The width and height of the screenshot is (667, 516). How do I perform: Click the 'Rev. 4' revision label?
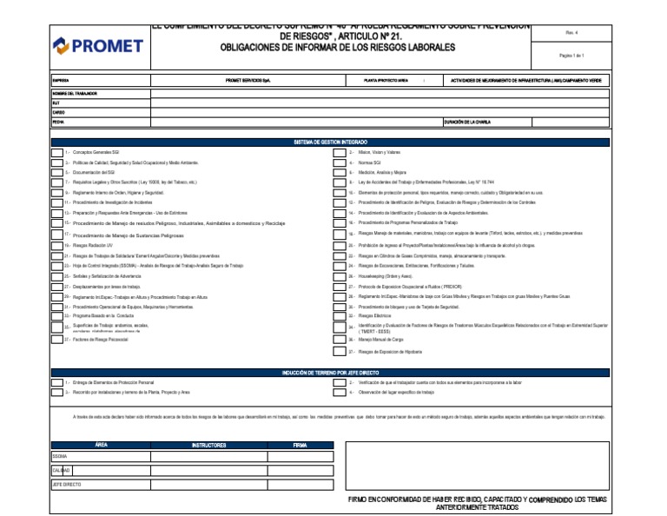tap(571, 32)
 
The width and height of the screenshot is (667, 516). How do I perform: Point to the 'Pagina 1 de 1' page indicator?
tap(571, 55)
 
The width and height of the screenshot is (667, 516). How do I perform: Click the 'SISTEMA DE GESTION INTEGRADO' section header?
tap(331, 142)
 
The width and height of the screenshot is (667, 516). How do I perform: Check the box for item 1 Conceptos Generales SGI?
tap(57, 152)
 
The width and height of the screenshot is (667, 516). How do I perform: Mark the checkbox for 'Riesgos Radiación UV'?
tap(57, 246)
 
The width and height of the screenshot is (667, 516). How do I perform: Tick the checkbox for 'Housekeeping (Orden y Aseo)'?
tap(340, 275)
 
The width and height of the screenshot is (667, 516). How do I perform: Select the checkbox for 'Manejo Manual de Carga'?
tap(340, 339)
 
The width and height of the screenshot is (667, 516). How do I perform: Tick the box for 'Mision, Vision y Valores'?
tap(340, 152)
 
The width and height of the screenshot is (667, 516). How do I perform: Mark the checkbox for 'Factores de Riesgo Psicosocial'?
tap(57, 340)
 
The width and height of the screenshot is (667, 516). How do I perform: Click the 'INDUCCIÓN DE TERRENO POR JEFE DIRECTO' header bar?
tap(331, 373)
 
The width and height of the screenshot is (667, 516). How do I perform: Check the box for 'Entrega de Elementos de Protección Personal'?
tap(57, 382)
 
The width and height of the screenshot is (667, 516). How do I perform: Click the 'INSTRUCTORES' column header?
tap(208, 445)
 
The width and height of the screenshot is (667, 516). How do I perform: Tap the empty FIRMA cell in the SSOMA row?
tap(300, 456)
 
